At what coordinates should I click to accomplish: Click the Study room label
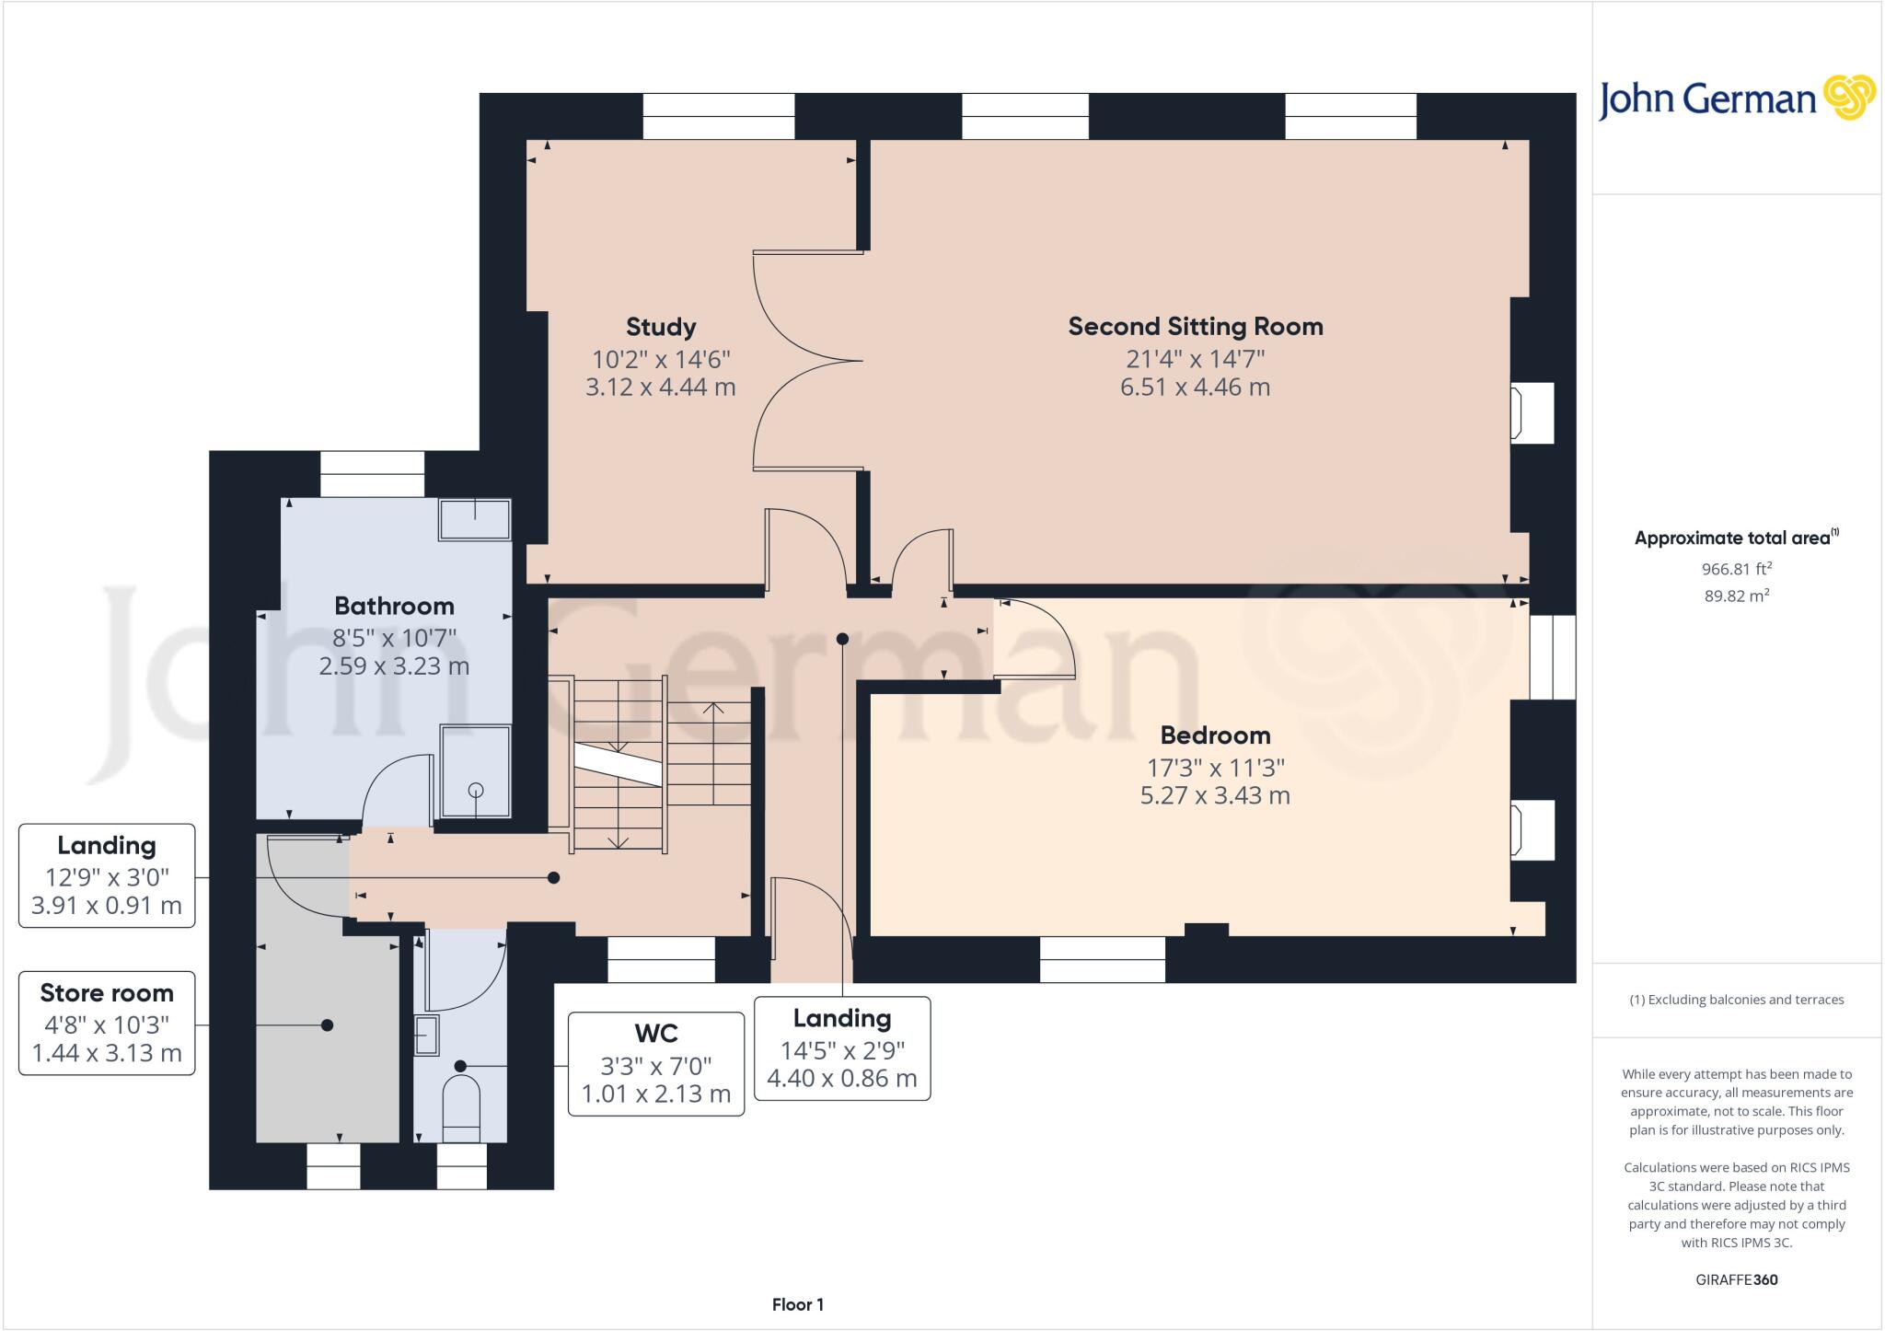click(660, 328)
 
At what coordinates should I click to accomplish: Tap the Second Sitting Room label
click(1195, 327)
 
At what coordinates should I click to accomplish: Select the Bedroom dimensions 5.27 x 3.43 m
click(1214, 796)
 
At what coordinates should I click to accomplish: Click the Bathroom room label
click(394, 607)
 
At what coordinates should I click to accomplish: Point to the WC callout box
click(655, 1064)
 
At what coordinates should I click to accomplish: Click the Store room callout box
click(107, 1023)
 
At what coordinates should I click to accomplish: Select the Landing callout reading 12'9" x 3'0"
click(107, 875)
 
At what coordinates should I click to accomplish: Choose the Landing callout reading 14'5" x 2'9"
click(841, 1048)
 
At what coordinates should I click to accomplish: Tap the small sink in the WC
click(426, 1035)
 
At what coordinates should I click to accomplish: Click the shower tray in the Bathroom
click(475, 771)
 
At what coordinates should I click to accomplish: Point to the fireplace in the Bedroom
click(1531, 830)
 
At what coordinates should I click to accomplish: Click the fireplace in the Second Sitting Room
click(1531, 413)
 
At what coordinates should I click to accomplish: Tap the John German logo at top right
click(1736, 99)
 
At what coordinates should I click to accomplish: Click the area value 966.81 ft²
click(1736, 569)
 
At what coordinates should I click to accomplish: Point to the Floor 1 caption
click(797, 1304)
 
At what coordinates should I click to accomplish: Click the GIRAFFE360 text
click(1736, 1279)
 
